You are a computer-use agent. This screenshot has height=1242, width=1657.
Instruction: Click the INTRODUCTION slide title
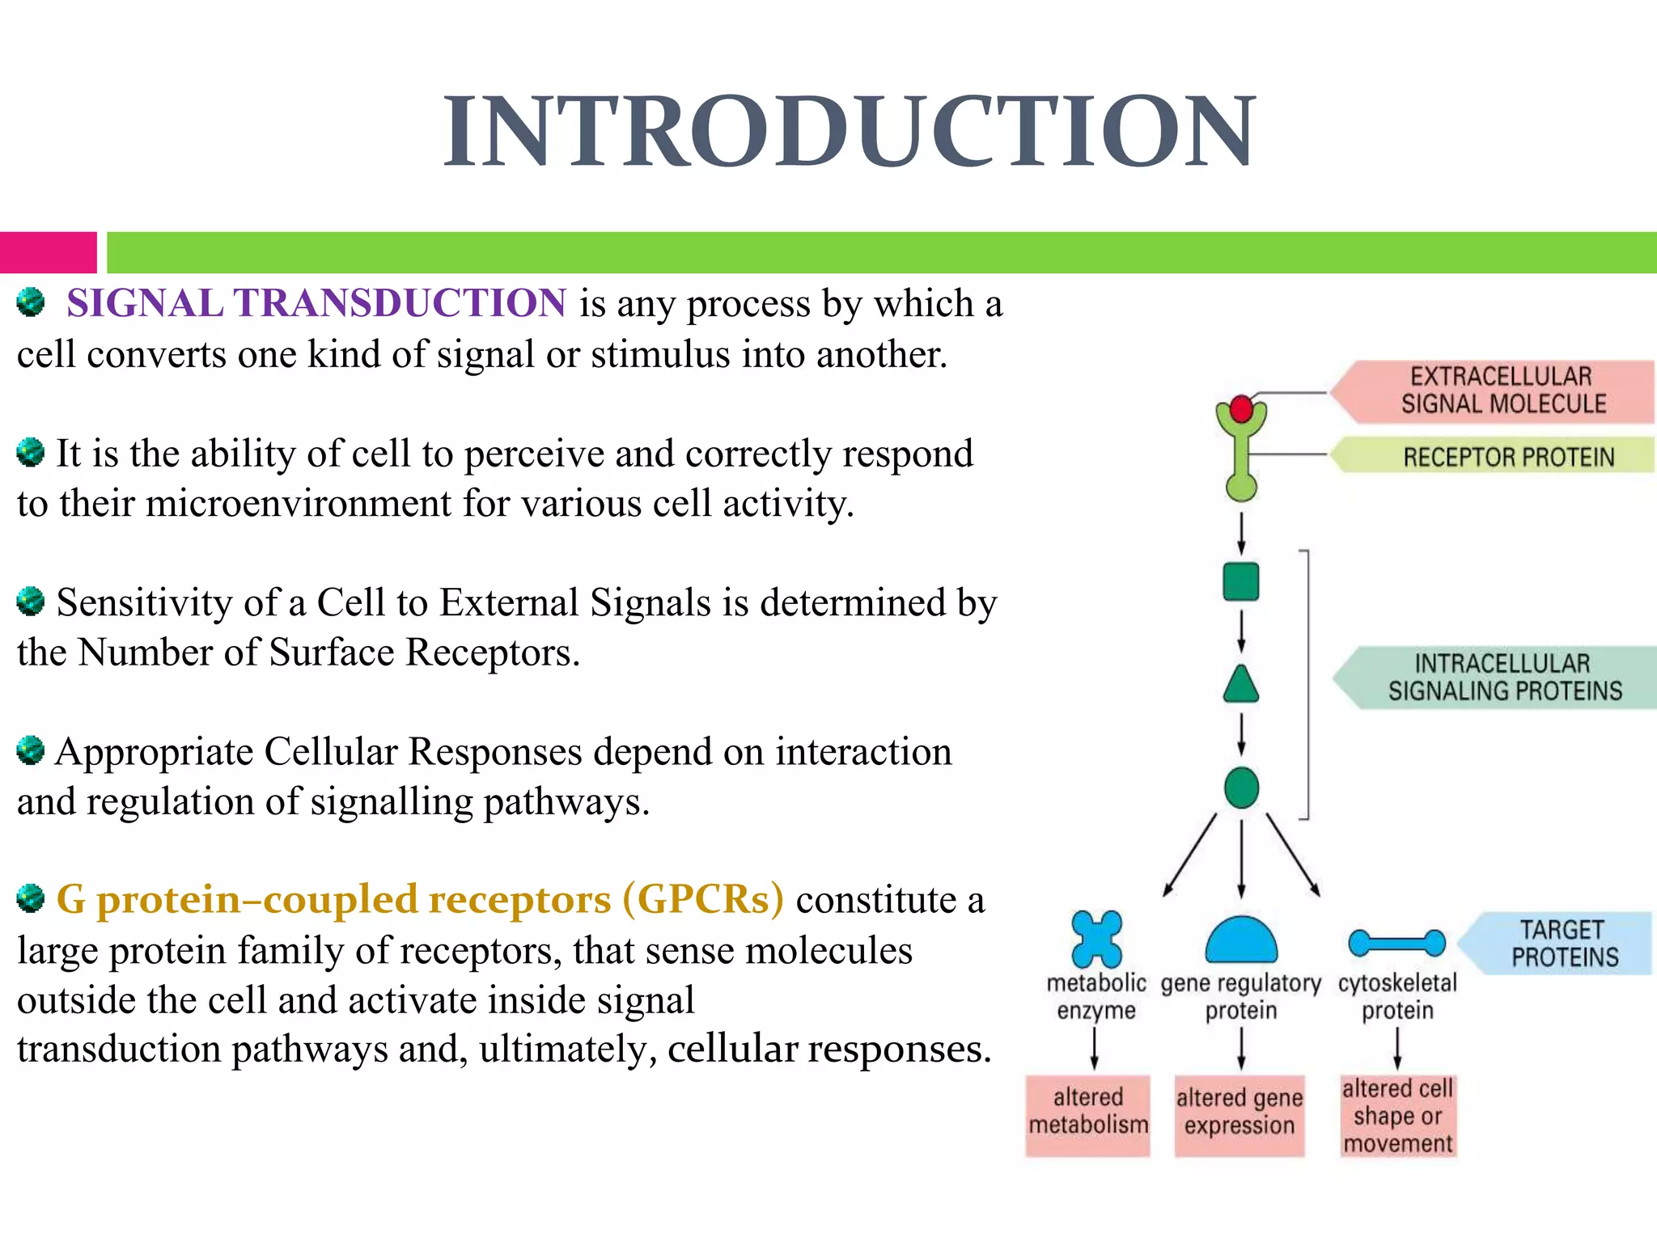[x=849, y=132]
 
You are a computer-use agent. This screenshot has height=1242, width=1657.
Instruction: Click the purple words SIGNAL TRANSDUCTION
[x=316, y=304]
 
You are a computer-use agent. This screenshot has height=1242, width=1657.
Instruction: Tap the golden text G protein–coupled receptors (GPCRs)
[x=420, y=900]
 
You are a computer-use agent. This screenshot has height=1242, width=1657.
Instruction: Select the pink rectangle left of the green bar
[x=48, y=252]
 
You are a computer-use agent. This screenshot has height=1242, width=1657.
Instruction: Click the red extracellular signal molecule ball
[x=1241, y=409]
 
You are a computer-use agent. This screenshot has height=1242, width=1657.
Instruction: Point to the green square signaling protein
[x=1241, y=581]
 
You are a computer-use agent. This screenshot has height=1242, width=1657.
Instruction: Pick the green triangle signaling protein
[x=1241, y=686]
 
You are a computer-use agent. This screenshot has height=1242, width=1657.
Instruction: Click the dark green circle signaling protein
[x=1241, y=788]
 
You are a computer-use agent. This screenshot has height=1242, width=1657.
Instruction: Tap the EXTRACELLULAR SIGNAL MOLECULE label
[x=1502, y=391]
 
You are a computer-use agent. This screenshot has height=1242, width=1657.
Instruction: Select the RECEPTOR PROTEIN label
[x=1507, y=457]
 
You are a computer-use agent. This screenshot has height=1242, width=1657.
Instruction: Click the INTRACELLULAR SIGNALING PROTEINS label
[x=1504, y=678]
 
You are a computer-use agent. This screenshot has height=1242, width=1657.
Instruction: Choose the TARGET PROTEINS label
[x=1563, y=944]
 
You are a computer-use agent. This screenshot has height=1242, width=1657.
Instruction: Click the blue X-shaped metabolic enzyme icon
[x=1096, y=939]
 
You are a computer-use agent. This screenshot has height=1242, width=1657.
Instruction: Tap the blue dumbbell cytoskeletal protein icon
[x=1396, y=943]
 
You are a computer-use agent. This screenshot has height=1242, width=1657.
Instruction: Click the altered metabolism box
[x=1088, y=1113]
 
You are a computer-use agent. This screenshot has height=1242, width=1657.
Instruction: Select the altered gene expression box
[x=1240, y=1113]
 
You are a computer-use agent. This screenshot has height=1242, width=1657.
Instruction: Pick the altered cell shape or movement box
[x=1397, y=1116]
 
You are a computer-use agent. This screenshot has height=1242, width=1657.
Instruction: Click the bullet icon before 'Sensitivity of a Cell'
[x=31, y=602]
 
